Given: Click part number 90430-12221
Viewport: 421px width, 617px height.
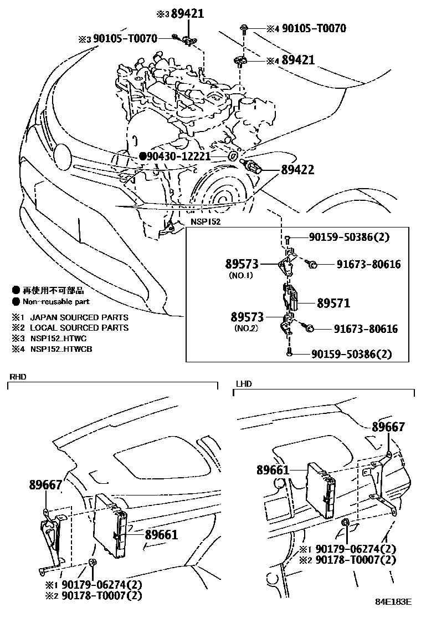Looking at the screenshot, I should coord(178,157).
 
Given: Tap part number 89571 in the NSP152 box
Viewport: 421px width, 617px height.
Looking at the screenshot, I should coord(333,304).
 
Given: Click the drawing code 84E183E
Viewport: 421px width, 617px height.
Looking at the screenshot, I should coord(394,602).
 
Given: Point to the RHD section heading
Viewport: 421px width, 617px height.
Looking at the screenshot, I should coord(18,377).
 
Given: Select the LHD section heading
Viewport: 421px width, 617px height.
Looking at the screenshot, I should coord(243,384).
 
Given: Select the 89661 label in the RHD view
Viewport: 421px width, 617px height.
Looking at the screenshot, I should coord(161,534).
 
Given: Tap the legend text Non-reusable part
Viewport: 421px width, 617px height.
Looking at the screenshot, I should coord(55,302).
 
